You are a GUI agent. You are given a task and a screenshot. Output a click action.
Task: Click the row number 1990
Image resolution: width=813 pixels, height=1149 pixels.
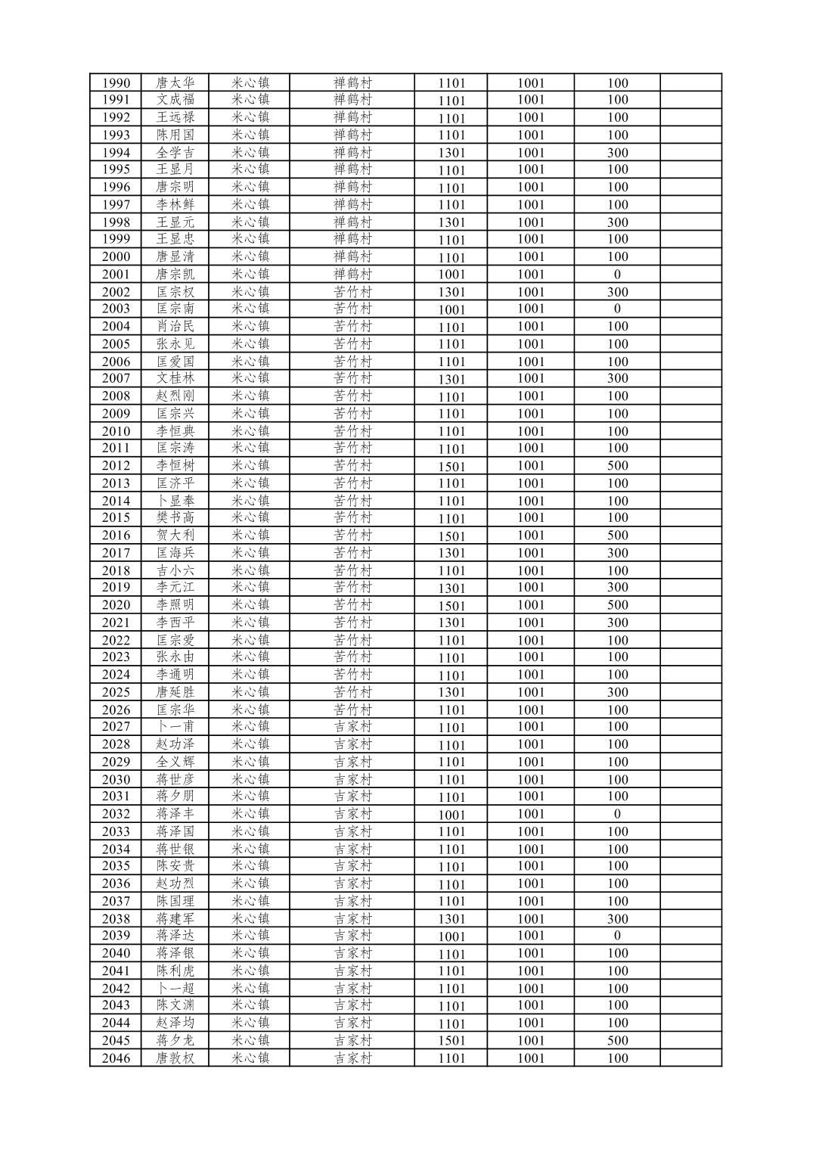[x=116, y=83]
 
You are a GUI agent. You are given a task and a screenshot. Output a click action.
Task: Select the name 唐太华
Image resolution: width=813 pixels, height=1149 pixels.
[x=175, y=83]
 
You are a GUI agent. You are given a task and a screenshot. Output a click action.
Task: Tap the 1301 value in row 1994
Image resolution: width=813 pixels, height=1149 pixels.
[x=451, y=153]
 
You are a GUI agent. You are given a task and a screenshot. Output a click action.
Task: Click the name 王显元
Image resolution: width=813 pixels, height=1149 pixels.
[x=175, y=222]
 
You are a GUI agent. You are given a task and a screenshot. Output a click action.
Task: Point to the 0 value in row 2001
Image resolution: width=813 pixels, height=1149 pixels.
[x=617, y=275]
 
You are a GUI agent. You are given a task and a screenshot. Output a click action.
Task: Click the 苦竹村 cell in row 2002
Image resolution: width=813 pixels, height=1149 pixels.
[x=353, y=292]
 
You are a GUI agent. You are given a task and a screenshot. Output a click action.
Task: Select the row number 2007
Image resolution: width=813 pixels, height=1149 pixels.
[x=116, y=378]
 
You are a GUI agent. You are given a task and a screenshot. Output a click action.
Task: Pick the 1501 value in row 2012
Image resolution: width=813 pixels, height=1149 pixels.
[x=451, y=466]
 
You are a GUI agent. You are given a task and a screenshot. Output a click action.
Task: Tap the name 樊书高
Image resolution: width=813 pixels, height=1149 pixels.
[x=175, y=517]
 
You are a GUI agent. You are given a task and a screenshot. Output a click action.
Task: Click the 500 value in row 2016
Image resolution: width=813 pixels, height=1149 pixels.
[x=617, y=535]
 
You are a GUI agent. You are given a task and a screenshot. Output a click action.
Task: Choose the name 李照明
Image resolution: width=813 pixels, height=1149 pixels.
[x=175, y=604]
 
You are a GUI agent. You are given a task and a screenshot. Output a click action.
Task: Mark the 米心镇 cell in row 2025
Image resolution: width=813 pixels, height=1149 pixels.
[x=250, y=692]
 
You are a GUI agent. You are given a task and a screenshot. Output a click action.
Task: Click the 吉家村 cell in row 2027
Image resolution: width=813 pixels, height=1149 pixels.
[x=353, y=727]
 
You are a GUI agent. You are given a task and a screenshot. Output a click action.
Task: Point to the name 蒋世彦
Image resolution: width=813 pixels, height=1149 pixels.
[x=175, y=779]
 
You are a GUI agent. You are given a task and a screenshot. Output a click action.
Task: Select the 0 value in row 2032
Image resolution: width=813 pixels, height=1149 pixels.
[x=617, y=814]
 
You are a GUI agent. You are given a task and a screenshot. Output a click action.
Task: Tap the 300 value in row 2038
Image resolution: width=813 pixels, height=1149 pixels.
[x=617, y=919]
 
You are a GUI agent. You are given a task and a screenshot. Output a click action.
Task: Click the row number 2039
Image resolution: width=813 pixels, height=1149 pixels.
[x=116, y=936]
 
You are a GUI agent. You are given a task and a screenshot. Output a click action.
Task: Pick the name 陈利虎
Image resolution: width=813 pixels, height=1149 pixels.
[x=175, y=970]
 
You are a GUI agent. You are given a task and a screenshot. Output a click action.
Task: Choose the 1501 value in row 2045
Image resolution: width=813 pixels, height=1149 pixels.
[x=451, y=1041]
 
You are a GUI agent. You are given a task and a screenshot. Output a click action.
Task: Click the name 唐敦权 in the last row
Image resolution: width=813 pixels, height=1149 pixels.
[x=175, y=1058]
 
